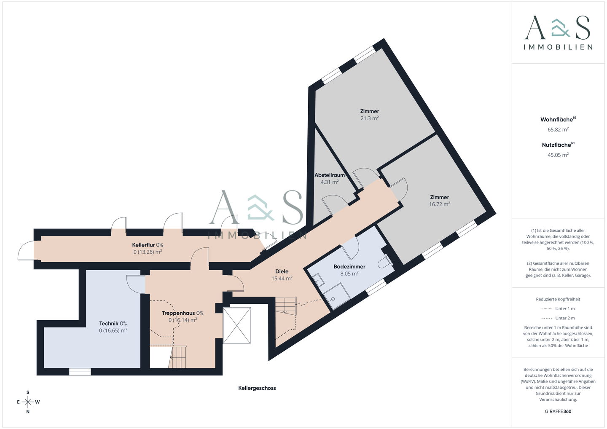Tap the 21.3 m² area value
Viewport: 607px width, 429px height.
pyautogui.click(x=369, y=118)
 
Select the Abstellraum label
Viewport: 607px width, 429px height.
pyautogui.click(x=329, y=175)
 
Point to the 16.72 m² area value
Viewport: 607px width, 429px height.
pyautogui.click(x=439, y=204)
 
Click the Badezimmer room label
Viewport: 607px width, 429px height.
pyautogui.click(x=349, y=266)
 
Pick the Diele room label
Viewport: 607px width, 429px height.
pyautogui.click(x=282, y=271)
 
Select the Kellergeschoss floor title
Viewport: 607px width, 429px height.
pyautogui.click(x=257, y=388)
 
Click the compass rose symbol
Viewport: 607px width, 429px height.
pyautogui.click(x=28, y=402)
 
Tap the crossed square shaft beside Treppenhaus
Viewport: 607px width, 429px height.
pyautogui.click(x=236, y=326)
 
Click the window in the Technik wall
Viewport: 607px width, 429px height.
pyautogui.click(x=80, y=372)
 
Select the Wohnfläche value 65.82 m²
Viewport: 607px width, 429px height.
pyautogui.click(x=558, y=130)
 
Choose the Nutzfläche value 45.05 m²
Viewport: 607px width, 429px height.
pyautogui.click(x=558, y=155)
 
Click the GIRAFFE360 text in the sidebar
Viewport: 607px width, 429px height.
pyautogui.click(x=558, y=411)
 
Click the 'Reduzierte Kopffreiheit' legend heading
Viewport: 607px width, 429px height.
pyautogui.click(x=558, y=299)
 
